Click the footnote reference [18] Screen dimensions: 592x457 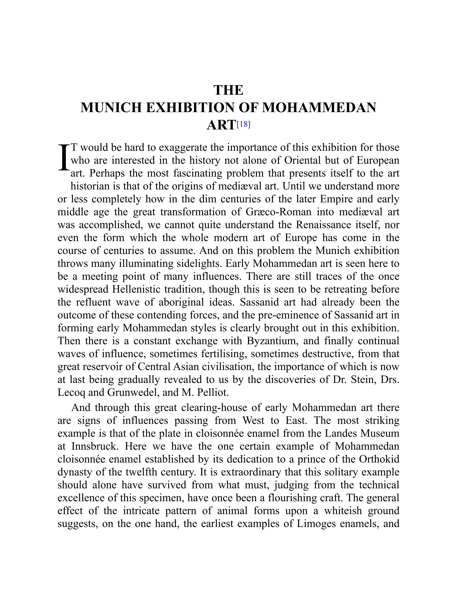[x=243, y=124]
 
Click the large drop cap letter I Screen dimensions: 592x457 [x=63, y=157]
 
